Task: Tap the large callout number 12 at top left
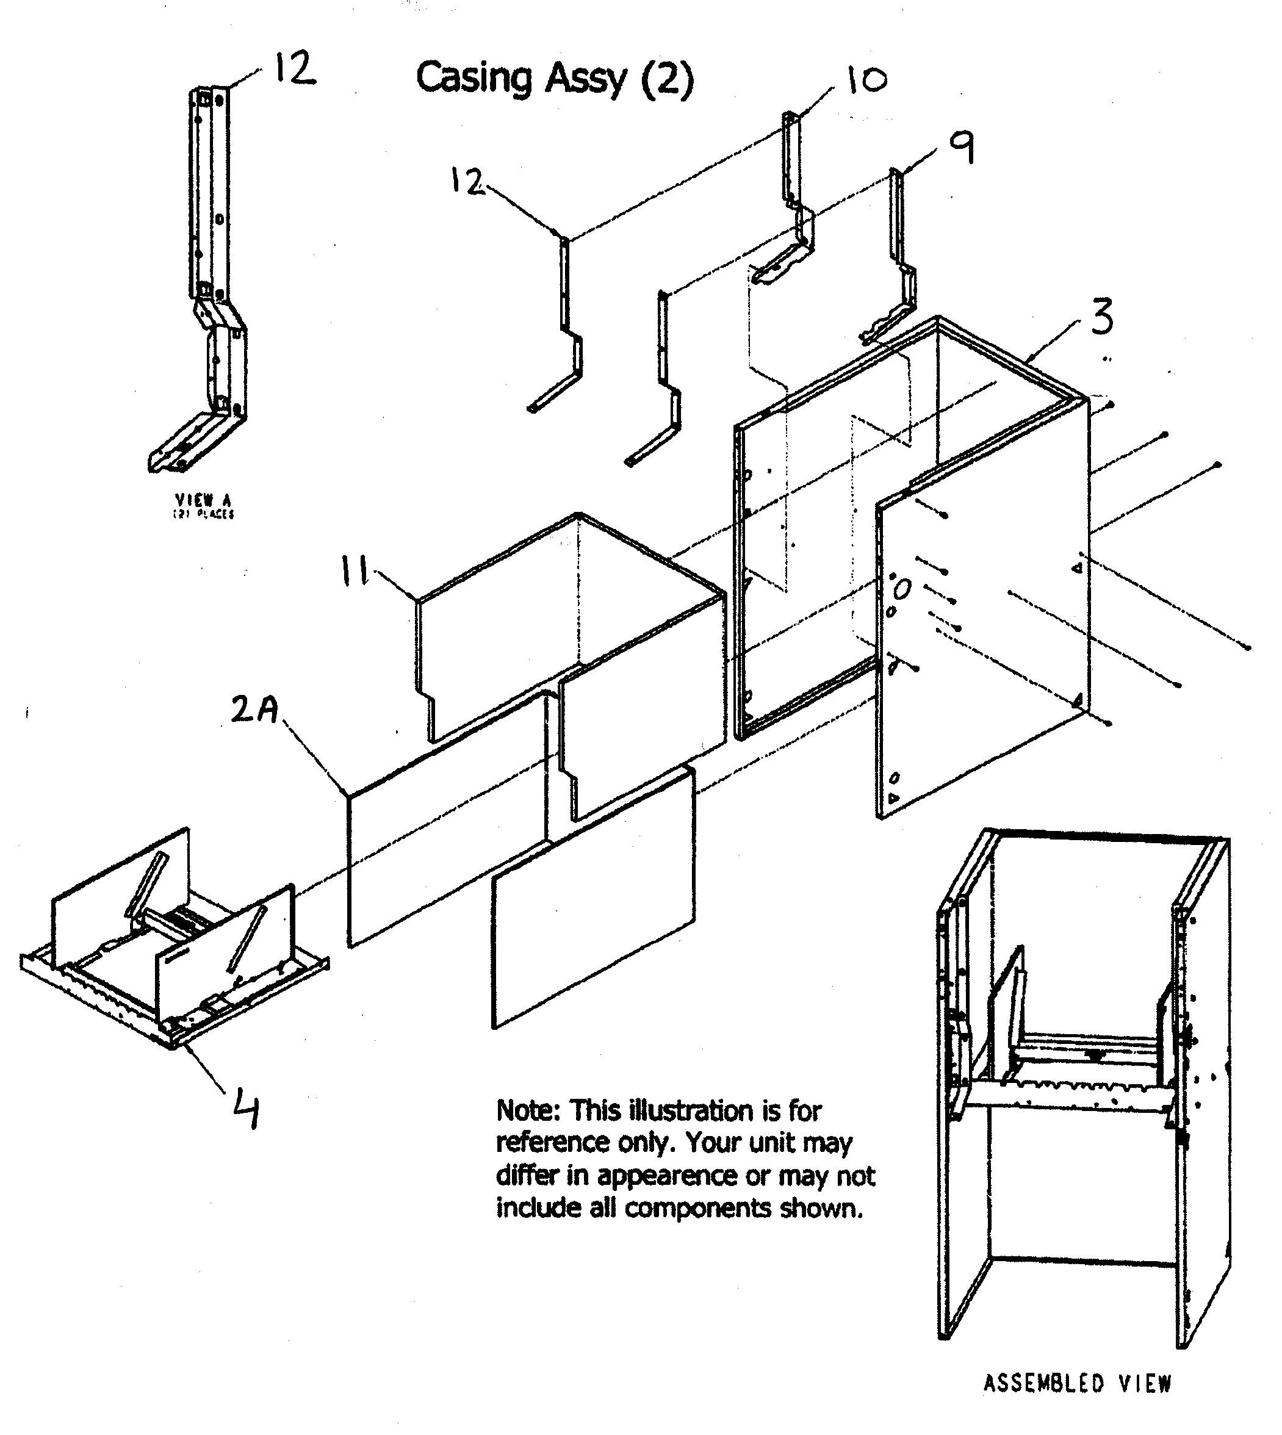[x=295, y=69]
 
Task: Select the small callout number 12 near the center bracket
[x=466, y=182]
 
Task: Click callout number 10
[x=866, y=81]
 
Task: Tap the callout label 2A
[x=255, y=710]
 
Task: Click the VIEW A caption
[x=204, y=500]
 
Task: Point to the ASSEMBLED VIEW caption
[x=1077, y=1384]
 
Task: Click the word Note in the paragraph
[x=528, y=1111]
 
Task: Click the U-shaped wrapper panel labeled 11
[x=564, y=634]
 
